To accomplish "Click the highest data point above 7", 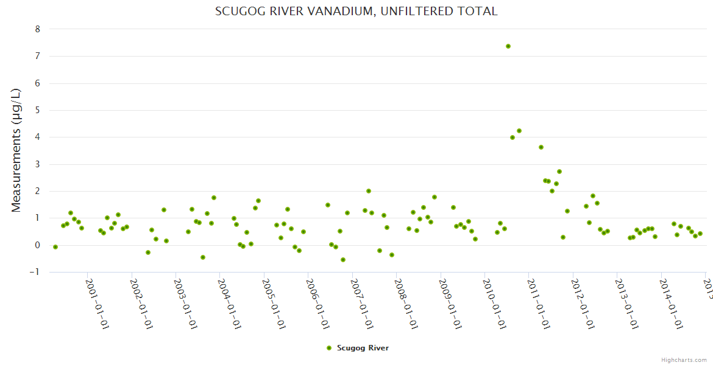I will [508, 46].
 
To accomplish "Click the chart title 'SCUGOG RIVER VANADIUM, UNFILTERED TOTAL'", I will [357, 11].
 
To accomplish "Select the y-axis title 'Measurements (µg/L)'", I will [16, 150].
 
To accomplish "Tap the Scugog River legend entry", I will [363, 348].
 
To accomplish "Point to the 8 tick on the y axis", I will [37, 29].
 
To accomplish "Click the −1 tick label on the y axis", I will [35, 272].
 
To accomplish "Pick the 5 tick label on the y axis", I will [37, 110].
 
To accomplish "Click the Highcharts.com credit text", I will [684, 360].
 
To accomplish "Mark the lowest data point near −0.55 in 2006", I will [343, 260].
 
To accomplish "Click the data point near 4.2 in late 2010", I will [519, 131].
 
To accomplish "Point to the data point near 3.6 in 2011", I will [541, 147].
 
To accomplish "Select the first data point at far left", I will [55, 247].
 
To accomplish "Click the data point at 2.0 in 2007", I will [369, 191].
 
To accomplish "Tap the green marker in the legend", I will [329, 348].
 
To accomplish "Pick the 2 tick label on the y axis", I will [37, 191].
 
